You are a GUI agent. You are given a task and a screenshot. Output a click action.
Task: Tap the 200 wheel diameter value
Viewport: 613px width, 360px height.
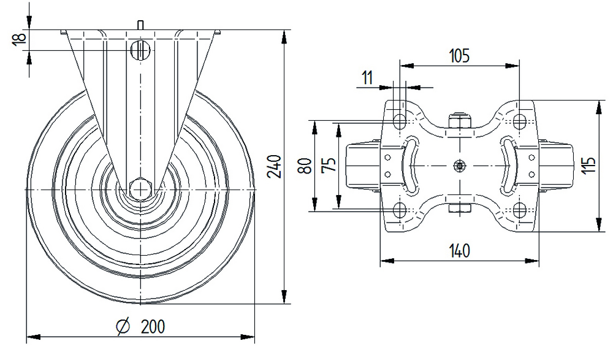pyautogui.click(x=153, y=326)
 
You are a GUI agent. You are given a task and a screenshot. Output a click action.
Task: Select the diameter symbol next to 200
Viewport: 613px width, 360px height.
pyautogui.click(x=122, y=326)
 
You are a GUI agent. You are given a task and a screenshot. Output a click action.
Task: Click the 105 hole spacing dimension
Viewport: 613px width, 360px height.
pyautogui.click(x=459, y=56)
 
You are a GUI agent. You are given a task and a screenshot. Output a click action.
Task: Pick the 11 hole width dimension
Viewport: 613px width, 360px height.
pyautogui.click(x=367, y=78)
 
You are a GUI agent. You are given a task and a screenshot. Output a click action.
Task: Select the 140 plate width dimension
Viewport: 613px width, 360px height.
pyautogui.click(x=459, y=251)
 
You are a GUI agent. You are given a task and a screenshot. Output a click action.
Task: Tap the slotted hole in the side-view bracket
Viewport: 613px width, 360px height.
pyautogui.click(x=141, y=49)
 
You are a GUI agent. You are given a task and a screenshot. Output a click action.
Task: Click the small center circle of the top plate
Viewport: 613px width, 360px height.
pyautogui.click(x=459, y=165)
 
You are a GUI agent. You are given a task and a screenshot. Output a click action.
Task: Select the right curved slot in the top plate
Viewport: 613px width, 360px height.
pyautogui.click(x=509, y=165)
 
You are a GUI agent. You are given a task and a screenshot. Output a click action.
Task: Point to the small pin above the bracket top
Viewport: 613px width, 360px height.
pyautogui.click(x=142, y=25)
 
